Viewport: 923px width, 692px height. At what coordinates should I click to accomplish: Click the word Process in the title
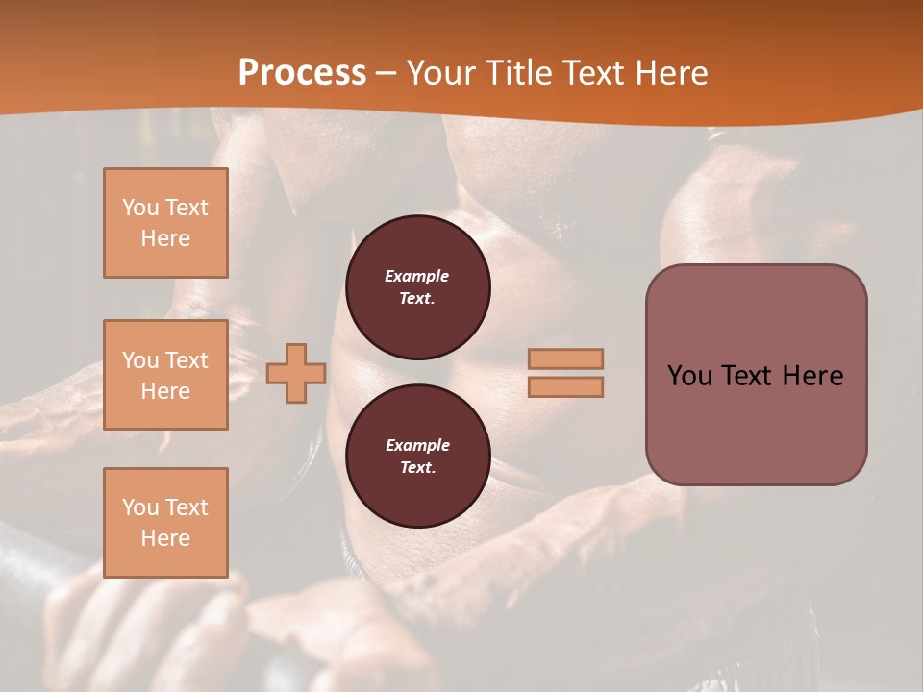(x=302, y=73)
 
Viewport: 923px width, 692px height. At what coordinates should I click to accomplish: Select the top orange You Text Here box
(x=165, y=223)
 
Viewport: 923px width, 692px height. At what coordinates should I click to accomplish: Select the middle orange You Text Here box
(x=165, y=375)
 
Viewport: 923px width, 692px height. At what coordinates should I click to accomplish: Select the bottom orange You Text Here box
(x=165, y=523)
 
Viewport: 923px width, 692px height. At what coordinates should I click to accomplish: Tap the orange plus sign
(x=296, y=374)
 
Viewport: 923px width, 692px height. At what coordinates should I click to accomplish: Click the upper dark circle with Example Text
(x=417, y=286)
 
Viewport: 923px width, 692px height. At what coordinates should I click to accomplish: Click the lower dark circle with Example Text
(x=417, y=456)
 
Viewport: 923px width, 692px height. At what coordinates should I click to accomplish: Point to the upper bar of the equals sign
(x=565, y=358)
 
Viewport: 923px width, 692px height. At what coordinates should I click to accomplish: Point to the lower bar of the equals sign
(x=565, y=386)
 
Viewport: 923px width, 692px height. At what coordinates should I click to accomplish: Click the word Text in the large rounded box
(x=745, y=376)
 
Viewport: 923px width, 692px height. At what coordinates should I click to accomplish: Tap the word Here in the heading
(x=673, y=73)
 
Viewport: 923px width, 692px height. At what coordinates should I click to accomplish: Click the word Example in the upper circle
(x=417, y=276)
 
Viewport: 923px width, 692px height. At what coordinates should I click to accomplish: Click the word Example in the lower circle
(x=417, y=445)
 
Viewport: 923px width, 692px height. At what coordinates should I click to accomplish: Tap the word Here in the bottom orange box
(x=165, y=538)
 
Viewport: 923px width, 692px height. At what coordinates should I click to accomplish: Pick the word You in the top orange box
(x=139, y=208)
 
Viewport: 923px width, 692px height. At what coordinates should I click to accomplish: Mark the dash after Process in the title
(x=386, y=73)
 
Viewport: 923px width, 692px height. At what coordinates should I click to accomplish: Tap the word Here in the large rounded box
(x=812, y=376)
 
